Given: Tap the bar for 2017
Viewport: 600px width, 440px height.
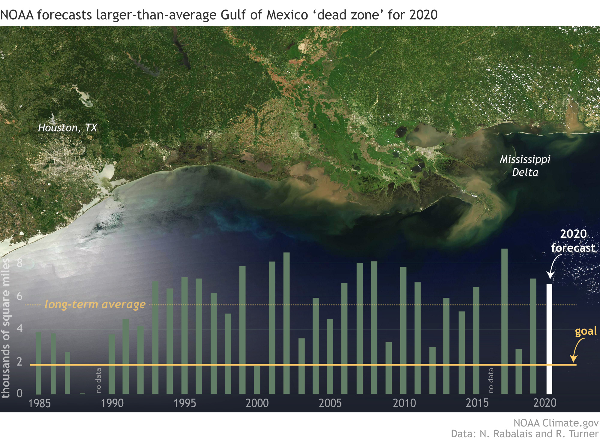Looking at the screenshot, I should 504,321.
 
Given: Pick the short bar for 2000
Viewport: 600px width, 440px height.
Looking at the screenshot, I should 257,380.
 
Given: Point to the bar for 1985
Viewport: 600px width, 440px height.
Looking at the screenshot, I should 38,363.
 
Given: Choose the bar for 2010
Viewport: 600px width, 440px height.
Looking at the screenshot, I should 403,330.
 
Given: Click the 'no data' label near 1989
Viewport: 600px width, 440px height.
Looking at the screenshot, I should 98,380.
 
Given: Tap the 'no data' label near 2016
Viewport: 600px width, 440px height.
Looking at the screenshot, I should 491,380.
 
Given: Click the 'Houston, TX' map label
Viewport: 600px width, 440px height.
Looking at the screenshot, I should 67,128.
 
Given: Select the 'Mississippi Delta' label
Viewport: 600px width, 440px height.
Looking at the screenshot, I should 525,166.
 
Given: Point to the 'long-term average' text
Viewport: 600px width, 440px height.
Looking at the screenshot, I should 95,304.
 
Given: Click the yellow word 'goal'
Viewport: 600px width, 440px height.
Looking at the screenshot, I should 586,331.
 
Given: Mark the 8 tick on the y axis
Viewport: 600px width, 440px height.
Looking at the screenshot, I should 19,263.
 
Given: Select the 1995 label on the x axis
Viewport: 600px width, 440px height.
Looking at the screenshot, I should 185,403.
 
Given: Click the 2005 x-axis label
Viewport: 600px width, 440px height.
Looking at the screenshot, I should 330,403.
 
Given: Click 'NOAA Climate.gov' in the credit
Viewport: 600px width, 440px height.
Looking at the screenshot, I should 556,423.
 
